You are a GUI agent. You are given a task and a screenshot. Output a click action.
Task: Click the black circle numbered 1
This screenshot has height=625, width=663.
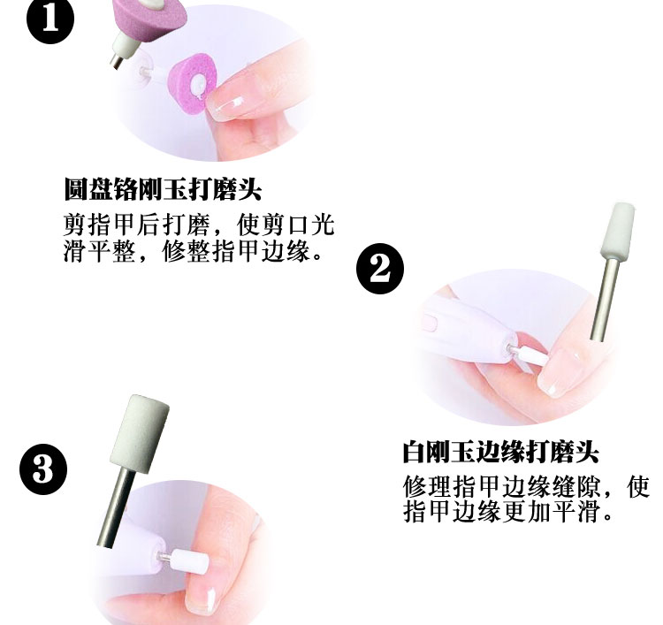pyautogui.click(x=50, y=19)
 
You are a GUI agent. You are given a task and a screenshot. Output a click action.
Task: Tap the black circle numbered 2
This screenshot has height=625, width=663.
pyautogui.click(x=380, y=269)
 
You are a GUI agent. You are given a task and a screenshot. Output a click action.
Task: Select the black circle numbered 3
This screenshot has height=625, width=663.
pyautogui.click(x=43, y=469)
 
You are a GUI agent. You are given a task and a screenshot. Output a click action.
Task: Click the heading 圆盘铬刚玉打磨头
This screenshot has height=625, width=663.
pyautogui.click(x=163, y=189)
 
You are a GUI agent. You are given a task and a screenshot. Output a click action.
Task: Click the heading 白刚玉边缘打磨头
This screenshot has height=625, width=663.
pyautogui.click(x=500, y=452)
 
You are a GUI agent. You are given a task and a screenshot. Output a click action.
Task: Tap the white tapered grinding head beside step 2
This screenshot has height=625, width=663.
pyautogui.click(x=618, y=231)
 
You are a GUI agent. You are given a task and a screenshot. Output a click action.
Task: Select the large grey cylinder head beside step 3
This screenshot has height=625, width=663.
pyautogui.click(x=140, y=433)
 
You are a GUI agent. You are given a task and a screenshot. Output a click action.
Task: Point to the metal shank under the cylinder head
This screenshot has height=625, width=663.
pyautogui.click(x=116, y=507)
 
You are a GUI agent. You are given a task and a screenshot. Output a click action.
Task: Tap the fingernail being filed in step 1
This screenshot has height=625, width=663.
pyautogui.click(x=227, y=108)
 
